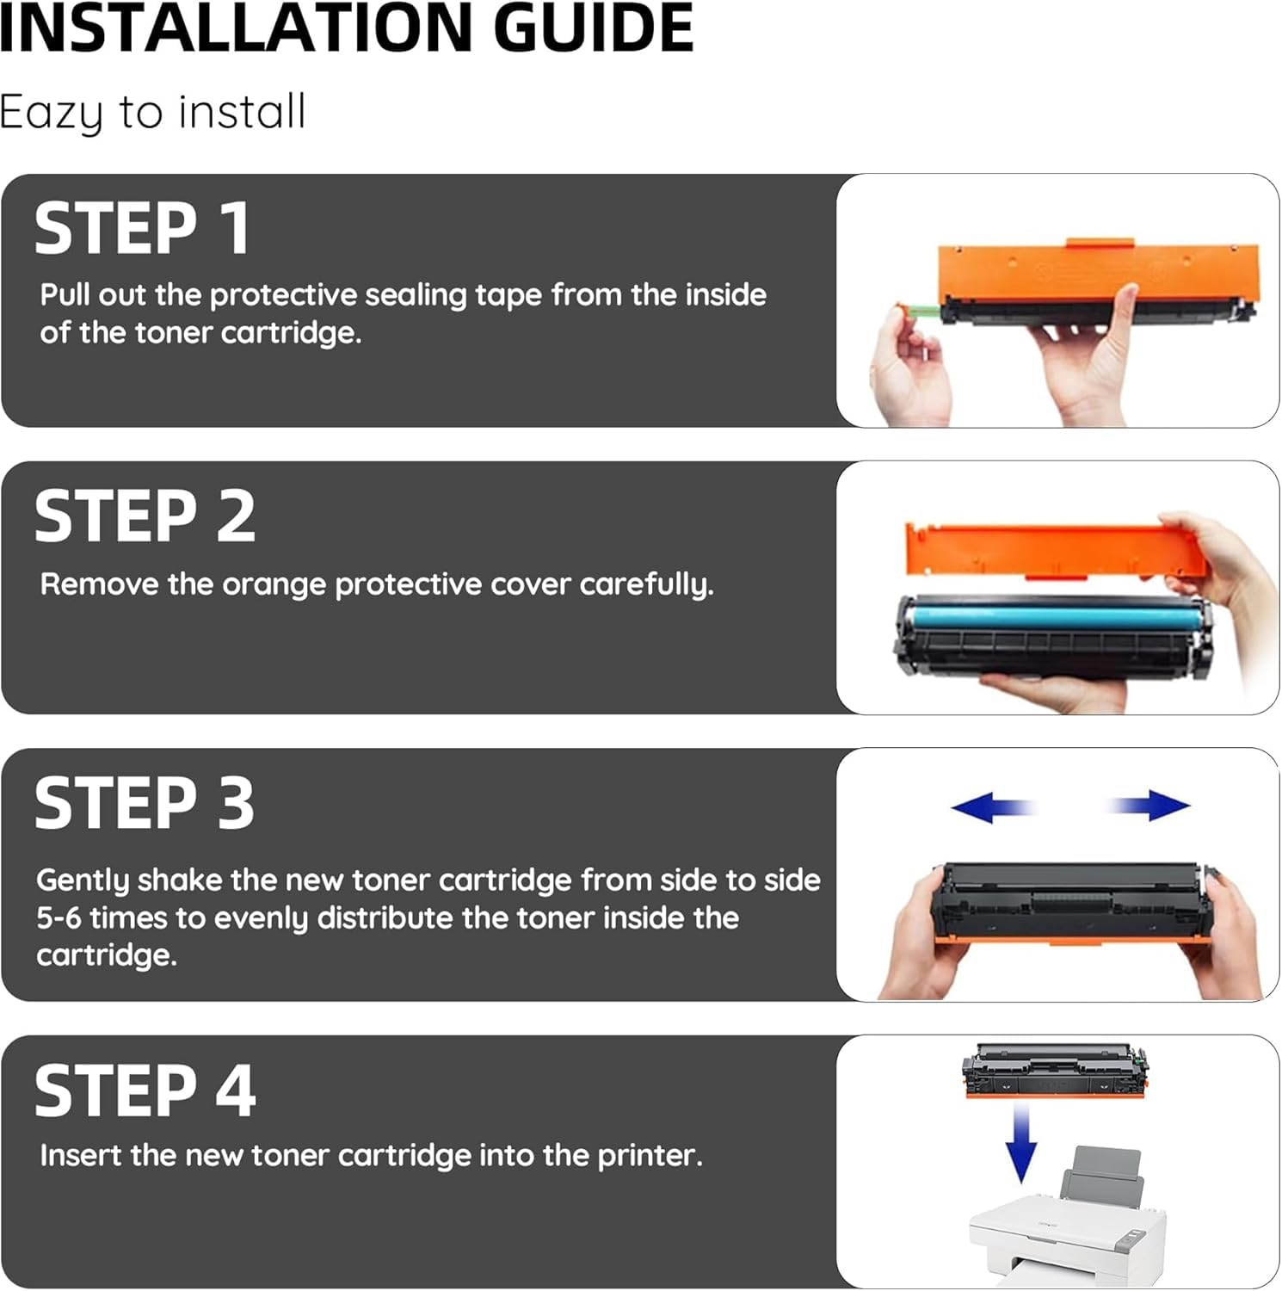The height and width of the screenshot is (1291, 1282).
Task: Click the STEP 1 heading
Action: (142, 228)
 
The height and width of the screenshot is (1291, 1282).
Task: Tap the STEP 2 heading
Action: (145, 516)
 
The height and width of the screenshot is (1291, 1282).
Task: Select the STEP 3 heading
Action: (145, 803)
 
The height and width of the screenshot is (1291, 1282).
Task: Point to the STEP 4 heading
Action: (145, 1090)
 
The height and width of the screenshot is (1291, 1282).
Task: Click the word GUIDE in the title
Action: (594, 28)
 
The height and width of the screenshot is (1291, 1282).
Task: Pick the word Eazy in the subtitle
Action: (51, 113)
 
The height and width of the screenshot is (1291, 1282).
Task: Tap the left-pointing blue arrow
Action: (992, 807)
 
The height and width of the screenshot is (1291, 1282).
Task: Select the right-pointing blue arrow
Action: (1149, 806)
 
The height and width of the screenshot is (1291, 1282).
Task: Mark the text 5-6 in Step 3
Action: (59, 918)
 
